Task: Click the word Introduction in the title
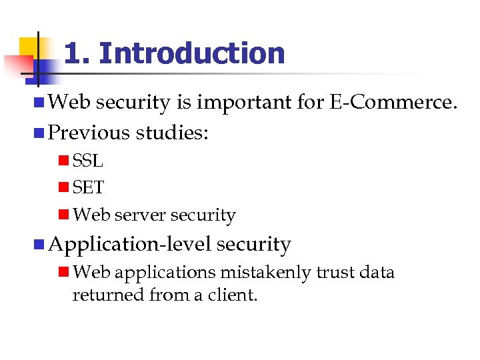pos(193,54)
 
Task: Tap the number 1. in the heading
pos(77,54)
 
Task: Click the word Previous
pos(89,133)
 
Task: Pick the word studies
pos(172,133)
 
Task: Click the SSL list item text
pos(87,161)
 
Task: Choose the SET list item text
pos(88,188)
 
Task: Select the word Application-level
pos(130,245)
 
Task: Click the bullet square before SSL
pos(63,161)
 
